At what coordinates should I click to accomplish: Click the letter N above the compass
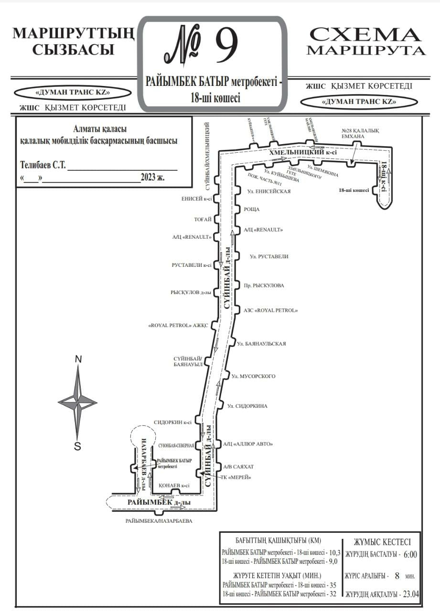pyautogui.click(x=79, y=359)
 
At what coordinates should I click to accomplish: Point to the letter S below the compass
pyautogui.click(x=77, y=446)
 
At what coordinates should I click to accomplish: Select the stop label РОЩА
pyautogui.click(x=252, y=210)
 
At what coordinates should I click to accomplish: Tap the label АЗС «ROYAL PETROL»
pyautogui.click(x=271, y=310)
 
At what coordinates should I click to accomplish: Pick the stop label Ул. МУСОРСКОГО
pyautogui.click(x=253, y=377)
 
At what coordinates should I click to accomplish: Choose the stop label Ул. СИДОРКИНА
pyautogui.click(x=247, y=406)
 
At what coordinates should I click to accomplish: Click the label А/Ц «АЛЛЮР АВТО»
pyautogui.click(x=247, y=444)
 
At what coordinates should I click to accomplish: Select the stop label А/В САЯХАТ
pyautogui.click(x=239, y=466)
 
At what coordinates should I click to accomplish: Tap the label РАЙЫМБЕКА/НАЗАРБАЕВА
pyautogui.click(x=159, y=521)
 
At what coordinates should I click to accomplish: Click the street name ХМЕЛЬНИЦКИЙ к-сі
pyautogui.click(x=303, y=152)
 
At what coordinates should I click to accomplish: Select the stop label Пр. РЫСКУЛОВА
pyautogui.click(x=264, y=285)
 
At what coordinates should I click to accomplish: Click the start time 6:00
pyautogui.click(x=410, y=555)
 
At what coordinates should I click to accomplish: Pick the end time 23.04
pyautogui.click(x=410, y=594)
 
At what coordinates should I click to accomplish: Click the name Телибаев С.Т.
pyautogui.click(x=43, y=166)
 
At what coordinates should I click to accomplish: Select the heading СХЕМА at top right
pyautogui.click(x=365, y=35)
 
